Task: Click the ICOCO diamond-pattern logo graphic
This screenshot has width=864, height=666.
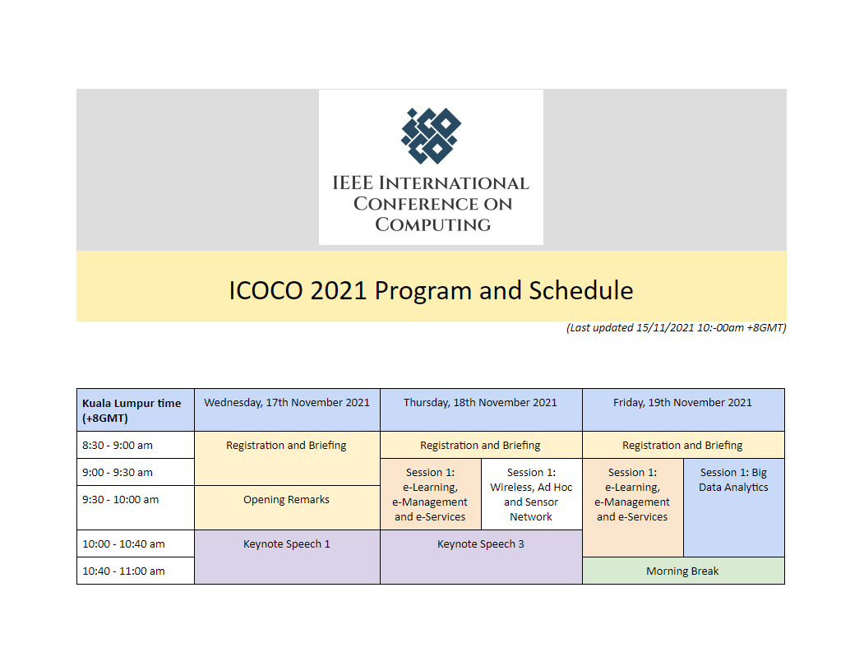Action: tap(431, 136)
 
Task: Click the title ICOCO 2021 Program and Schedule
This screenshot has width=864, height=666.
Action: tap(431, 290)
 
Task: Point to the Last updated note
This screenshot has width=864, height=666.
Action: tap(676, 328)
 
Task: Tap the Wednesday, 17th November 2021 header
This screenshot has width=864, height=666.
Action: tap(287, 403)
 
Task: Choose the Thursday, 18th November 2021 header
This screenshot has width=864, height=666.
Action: tap(480, 403)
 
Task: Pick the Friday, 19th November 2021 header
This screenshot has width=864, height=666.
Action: tap(682, 403)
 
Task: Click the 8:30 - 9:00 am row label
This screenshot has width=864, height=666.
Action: tap(117, 446)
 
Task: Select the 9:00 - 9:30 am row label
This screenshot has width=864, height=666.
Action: tap(117, 473)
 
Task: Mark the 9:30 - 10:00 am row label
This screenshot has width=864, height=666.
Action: tap(120, 500)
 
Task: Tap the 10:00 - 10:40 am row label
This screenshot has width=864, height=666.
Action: tap(123, 543)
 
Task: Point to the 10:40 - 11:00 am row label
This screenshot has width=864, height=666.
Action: tap(123, 571)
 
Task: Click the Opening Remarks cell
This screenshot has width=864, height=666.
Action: tap(287, 500)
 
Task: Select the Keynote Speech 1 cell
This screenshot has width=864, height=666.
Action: tap(287, 544)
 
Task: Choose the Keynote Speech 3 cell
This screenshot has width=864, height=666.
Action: tap(480, 544)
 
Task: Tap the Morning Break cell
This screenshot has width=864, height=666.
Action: tap(682, 571)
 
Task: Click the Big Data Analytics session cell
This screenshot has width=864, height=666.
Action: tap(733, 480)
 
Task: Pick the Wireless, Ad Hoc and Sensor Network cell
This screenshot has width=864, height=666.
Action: tap(531, 495)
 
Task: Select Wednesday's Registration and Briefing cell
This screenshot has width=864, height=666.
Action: tap(287, 446)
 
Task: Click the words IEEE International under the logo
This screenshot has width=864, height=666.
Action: tap(431, 183)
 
